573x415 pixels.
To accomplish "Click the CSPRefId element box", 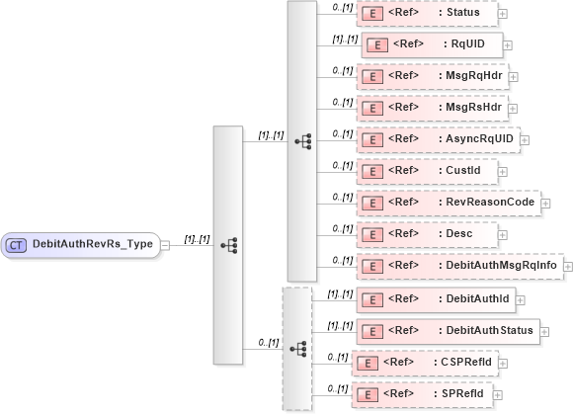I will pos(425,364).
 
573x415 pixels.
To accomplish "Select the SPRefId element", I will pos(425,395).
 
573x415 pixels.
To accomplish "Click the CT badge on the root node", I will pos(18,242).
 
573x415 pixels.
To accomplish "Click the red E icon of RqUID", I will pos(375,44).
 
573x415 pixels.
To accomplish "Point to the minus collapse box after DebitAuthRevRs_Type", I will pos(165,242).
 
